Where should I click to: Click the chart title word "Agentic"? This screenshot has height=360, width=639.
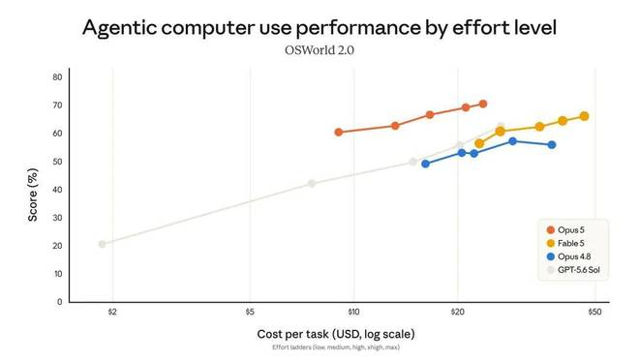click(119, 28)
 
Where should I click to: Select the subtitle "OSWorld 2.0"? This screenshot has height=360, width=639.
click(319, 50)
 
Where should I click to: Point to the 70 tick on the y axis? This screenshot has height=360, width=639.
click(57, 105)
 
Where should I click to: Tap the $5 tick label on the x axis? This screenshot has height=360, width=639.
click(250, 312)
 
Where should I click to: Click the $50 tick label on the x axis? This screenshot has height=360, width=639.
click(594, 312)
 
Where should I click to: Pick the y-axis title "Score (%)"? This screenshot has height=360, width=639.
click(33, 195)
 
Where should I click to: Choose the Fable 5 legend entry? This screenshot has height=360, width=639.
click(565, 244)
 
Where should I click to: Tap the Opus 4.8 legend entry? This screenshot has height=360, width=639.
click(568, 256)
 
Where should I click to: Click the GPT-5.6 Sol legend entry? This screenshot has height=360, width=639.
click(573, 270)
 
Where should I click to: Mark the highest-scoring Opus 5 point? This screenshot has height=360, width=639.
click(483, 104)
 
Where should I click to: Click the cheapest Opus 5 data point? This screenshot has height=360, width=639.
click(338, 132)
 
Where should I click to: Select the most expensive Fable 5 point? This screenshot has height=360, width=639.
click(584, 116)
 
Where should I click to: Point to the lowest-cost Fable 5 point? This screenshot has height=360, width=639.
click(479, 143)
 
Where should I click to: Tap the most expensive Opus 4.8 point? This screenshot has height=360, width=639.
click(552, 144)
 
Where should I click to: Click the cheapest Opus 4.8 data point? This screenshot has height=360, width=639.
click(425, 164)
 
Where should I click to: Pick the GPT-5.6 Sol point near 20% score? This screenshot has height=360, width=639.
click(102, 244)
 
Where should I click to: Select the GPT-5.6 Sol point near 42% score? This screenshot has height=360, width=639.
click(312, 183)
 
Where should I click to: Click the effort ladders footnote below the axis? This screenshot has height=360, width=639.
click(336, 347)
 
